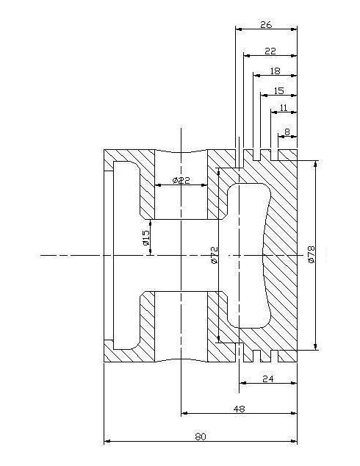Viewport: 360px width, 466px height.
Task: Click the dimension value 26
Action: pos(266,25)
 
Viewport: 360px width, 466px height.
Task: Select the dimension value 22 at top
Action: pos(270,51)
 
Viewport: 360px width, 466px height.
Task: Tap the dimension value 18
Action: pos(276,71)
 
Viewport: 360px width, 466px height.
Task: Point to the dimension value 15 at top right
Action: pos(279,90)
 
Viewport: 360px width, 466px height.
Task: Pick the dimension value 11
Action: pos(284,107)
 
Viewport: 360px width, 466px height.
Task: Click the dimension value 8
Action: pos(287,132)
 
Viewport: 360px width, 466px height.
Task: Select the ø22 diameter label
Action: pos(181,180)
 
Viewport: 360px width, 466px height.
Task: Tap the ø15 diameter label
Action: pos(146,237)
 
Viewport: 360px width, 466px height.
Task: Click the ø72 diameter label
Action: pos(214,255)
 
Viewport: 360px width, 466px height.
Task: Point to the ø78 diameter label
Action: pos(312,254)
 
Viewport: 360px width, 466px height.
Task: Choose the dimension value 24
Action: pos(268,379)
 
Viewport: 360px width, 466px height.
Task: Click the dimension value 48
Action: pos(239,409)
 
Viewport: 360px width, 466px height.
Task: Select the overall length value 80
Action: pos(201,437)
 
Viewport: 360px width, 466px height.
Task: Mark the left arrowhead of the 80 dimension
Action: pos(107,441)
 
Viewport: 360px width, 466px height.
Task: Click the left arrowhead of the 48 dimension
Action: pos(184,413)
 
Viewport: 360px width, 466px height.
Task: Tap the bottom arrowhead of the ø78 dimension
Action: pos(315,346)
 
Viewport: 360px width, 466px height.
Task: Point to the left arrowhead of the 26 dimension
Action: pos(239,29)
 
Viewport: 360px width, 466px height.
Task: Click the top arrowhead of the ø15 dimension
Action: pos(151,223)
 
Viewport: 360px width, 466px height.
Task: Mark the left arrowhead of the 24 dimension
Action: pos(242,383)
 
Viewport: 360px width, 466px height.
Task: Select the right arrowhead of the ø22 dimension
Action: pos(204,184)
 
